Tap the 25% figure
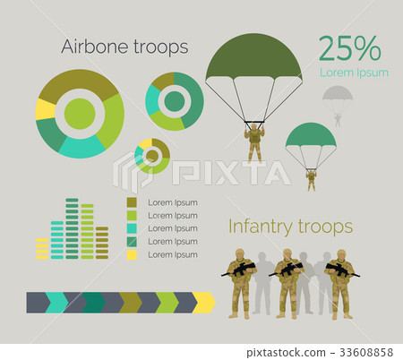pos(350,49)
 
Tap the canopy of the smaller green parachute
pos(310,135)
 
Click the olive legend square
pos(133,202)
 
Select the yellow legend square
pos(133,254)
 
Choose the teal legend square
pos(133,228)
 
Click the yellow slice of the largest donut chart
pos(45,109)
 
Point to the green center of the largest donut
pos(80,114)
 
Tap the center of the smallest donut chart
pos(152,156)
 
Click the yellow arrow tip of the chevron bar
pos(205,302)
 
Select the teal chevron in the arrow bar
pos(56,302)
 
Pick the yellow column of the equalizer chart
pos(41,248)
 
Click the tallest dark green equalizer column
pos(72,228)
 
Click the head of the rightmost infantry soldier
pos(341,254)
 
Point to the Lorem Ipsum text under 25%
pos(354,73)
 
